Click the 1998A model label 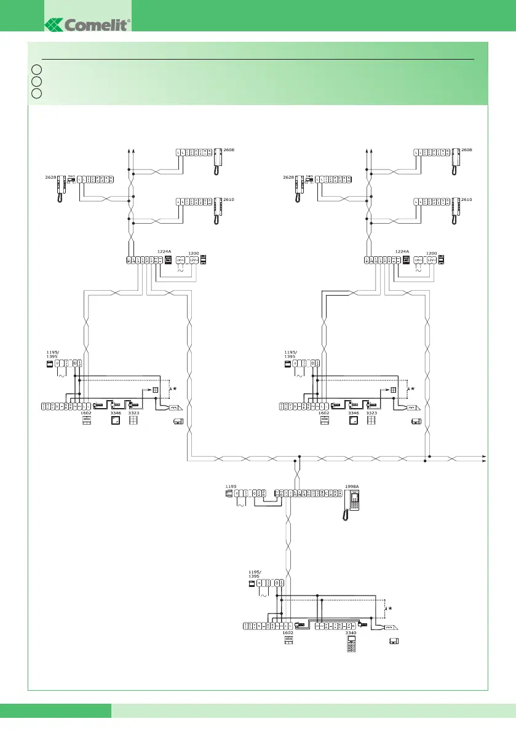352,486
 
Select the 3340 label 351,632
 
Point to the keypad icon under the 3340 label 351,645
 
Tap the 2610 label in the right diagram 467,200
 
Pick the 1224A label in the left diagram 164,251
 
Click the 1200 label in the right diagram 432,253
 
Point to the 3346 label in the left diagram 116,414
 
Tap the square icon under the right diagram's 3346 353,422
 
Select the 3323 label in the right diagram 371,414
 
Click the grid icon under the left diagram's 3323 133,422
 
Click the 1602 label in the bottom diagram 288,632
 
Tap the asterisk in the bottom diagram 389,608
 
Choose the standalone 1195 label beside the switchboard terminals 231,486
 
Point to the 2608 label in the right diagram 467,150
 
